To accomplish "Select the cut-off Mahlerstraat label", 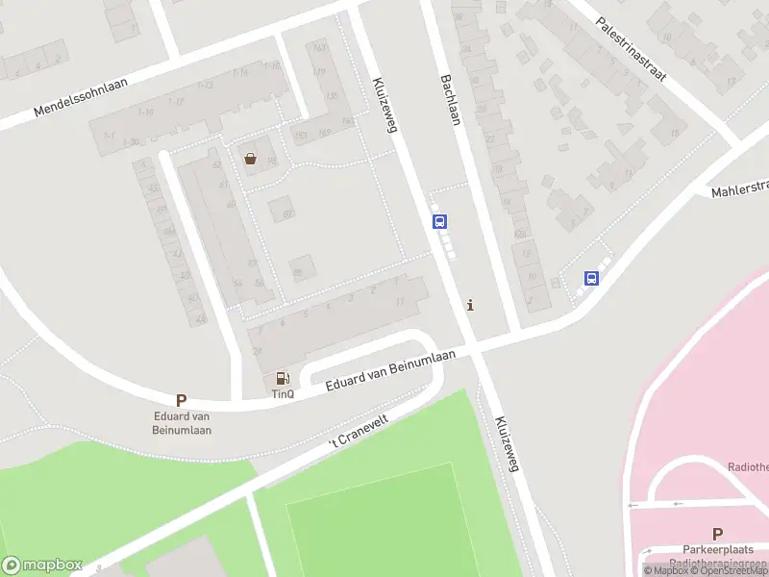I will [741, 188].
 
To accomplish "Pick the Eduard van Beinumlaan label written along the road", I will [389, 370].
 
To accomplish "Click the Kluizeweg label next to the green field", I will [508, 443].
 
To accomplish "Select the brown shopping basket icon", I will [251, 159].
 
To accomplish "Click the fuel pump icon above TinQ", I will [282, 379].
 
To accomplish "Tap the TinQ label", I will [282, 394].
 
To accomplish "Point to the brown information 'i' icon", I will [469, 306].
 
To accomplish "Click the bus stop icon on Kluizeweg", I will [440, 221].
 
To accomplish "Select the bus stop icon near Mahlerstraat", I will [591, 279].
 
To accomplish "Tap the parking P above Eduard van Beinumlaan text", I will [181, 400].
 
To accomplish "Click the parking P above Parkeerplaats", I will [717, 534].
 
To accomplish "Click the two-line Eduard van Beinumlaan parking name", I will [183, 423].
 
